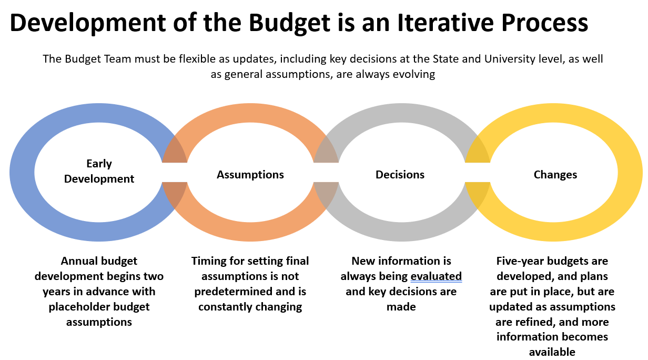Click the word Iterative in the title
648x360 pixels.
tap(445, 23)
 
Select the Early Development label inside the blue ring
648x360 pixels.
tap(99, 172)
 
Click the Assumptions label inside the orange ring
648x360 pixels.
tap(250, 175)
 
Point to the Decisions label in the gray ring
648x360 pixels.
tap(400, 175)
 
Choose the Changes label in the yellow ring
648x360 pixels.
tap(555, 175)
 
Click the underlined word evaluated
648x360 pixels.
tap(436, 276)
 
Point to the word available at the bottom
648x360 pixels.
tap(552, 352)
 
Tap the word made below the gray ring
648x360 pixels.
tap(401, 307)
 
